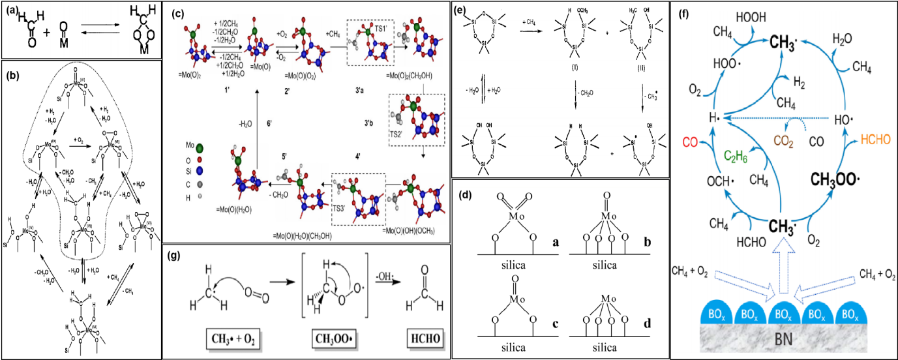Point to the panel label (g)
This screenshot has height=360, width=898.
point(175,255)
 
